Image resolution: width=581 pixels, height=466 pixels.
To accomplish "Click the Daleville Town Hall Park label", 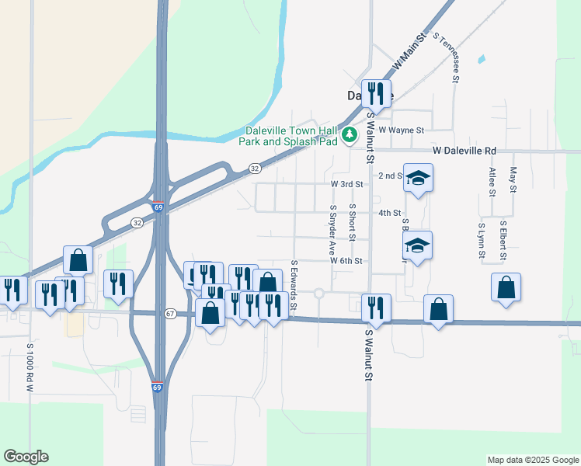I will (291, 136).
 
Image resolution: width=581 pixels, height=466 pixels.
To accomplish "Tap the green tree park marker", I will (350, 135).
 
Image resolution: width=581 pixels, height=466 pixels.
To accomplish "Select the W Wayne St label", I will (401, 130).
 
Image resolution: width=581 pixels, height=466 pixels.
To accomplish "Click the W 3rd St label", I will (346, 184).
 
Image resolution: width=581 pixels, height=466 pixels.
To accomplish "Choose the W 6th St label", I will (346, 261).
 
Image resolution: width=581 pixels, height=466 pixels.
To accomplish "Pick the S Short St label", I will (352, 223).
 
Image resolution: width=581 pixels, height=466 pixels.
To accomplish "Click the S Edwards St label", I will (294, 285).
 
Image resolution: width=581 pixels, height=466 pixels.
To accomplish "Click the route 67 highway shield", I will (170, 313).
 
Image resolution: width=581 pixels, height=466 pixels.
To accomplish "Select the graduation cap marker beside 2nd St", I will (418, 179).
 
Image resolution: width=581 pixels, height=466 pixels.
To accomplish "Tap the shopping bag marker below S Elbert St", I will (506, 287).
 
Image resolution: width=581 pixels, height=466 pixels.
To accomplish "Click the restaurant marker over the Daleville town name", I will (376, 93).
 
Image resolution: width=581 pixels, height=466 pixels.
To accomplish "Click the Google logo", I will (26, 457).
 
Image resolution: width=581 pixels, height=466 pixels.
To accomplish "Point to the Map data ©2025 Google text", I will (532, 460).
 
